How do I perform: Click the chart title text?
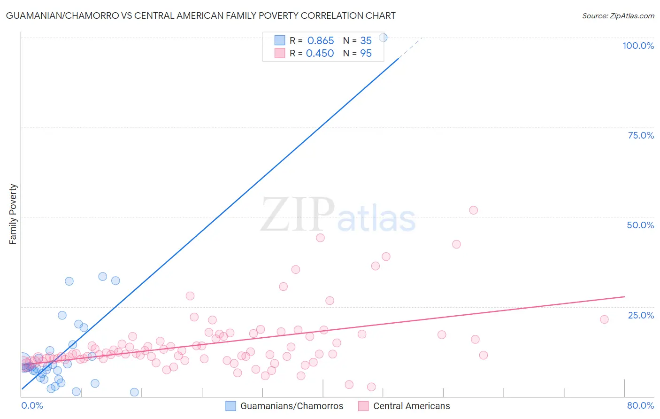click(200, 16)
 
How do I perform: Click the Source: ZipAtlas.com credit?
click(618, 16)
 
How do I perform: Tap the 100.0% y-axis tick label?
click(638, 46)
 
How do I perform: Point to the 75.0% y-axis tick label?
click(640, 135)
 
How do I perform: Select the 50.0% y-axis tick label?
click(640, 225)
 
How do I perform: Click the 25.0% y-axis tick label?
click(640, 315)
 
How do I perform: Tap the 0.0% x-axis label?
click(32, 405)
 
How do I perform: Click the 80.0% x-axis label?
click(640, 405)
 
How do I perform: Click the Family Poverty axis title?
click(13, 214)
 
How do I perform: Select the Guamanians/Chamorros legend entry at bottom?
click(284, 406)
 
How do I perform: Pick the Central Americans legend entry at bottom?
click(404, 406)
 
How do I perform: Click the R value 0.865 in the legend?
click(320, 41)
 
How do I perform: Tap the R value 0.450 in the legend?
click(320, 54)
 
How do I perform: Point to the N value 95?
click(366, 54)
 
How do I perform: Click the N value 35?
click(366, 41)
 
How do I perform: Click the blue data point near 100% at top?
click(383, 38)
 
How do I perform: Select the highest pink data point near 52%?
click(473, 210)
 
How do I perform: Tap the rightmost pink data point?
click(604, 319)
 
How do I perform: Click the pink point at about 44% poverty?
click(320, 238)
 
